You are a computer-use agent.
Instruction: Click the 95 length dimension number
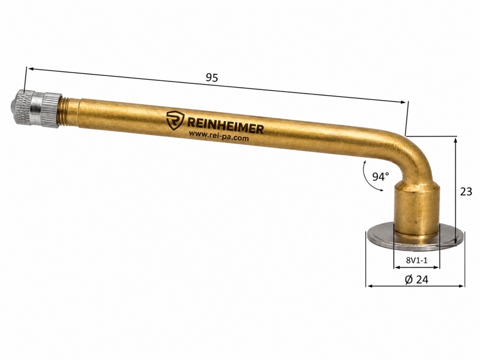tap(211, 78)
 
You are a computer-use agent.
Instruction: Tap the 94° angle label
tap(380, 176)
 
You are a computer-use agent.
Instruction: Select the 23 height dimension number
tap(466, 191)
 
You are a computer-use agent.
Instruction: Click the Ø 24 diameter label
tap(416, 279)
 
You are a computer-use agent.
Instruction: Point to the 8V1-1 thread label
tap(416, 260)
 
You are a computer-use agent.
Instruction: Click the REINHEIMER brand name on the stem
tap(225, 126)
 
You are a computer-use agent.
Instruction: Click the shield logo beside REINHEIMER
tap(175, 119)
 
